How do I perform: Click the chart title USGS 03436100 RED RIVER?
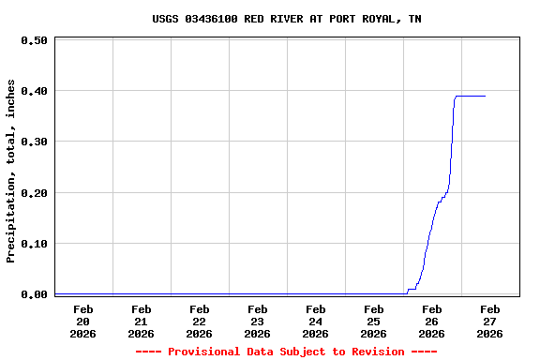tap(286, 19)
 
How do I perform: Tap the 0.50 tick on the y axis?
tap(34, 40)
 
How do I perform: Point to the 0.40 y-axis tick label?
tap(34, 91)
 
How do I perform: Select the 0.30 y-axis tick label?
tap(34, 142)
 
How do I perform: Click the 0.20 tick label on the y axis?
tap(34, 193)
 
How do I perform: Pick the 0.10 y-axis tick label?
tap(34, 244)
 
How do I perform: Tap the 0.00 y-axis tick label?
tap(34, 294)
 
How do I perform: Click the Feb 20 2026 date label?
tap(82, 321)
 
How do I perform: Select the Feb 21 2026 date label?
tap(141, 321)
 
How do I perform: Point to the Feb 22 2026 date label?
tap(199, 321)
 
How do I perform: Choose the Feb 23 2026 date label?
tap(257, 321)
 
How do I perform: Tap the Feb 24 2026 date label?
tap(315, 321)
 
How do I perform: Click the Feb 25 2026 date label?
tap(373, 321)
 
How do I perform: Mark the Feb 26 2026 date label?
tap(431, 321)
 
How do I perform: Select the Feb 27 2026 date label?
tap(489, 321)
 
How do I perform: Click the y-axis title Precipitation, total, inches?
tap(11, 171)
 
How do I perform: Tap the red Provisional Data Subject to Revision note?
tap(286, 352)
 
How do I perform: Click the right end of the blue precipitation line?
tap(485, 96)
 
